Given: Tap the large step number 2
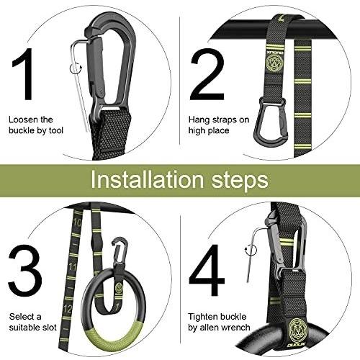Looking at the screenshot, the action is (207, 74).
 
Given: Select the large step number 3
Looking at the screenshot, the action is (25, 271).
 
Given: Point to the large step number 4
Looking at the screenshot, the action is (207, 271).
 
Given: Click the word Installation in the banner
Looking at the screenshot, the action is (147, 180).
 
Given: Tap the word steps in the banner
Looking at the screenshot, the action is (240, 181).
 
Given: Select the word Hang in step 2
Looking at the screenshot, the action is (198, 120).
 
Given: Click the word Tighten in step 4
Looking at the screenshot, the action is (204, 317).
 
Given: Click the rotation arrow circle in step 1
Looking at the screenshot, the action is (76, 69).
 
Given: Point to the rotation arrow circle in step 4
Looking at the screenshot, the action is (251, 251).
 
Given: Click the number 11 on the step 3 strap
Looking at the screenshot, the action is (72, 266).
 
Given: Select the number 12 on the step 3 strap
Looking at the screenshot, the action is (68, 309).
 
